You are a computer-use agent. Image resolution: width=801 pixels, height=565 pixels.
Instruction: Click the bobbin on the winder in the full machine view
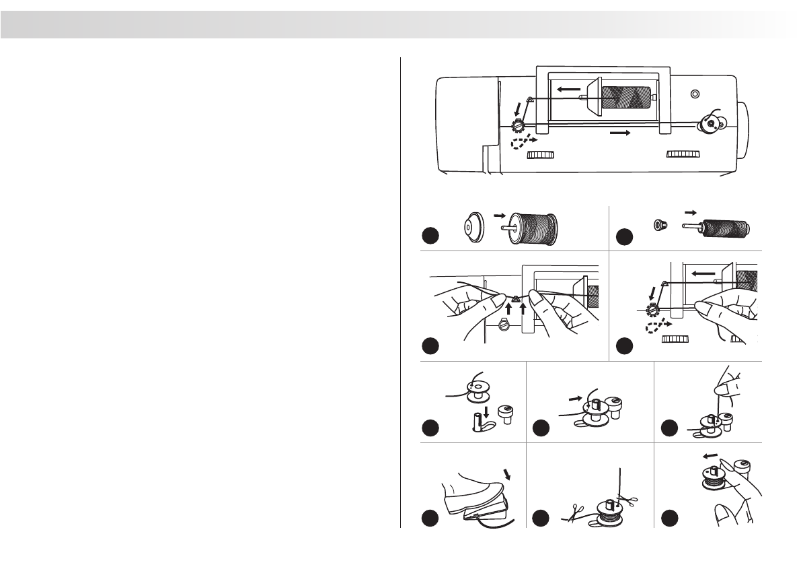708,123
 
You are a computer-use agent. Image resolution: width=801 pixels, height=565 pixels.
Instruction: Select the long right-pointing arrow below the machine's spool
619,133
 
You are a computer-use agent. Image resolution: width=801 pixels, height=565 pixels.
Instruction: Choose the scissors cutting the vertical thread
630,500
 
